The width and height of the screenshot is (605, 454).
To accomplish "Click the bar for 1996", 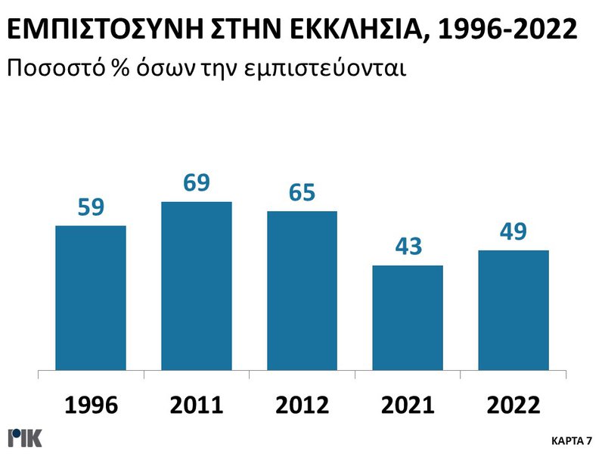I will click(91, 298).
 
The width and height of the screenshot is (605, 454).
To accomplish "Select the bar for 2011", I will click(197, 286).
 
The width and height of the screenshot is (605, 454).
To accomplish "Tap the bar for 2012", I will click(302, 291).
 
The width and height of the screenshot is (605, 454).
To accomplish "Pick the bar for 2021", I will click(408, 318).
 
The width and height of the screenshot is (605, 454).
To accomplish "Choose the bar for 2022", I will click(513, 310).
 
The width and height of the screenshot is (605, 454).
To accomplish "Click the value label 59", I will click(91, 207).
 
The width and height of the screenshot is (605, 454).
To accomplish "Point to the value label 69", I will click(197, 184).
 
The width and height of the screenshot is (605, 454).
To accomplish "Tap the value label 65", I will click(302, 193).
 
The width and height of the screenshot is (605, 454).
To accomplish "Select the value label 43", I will click(408, 247).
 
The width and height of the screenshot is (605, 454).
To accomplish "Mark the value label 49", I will click(513, 232).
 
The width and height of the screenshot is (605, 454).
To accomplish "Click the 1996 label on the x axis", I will click(91, 406).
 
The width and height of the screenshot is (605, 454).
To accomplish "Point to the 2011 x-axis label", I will click(197, 406).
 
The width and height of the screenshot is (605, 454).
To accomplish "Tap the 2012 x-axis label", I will click(302, 406).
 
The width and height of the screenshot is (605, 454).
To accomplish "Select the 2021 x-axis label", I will click(408, 406).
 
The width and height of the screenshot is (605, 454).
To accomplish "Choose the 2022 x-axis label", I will click(513, 406).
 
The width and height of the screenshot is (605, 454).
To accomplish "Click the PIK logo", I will click(25, 437).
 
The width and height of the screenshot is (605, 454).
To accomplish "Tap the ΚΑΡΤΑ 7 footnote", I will click(572, 440).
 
